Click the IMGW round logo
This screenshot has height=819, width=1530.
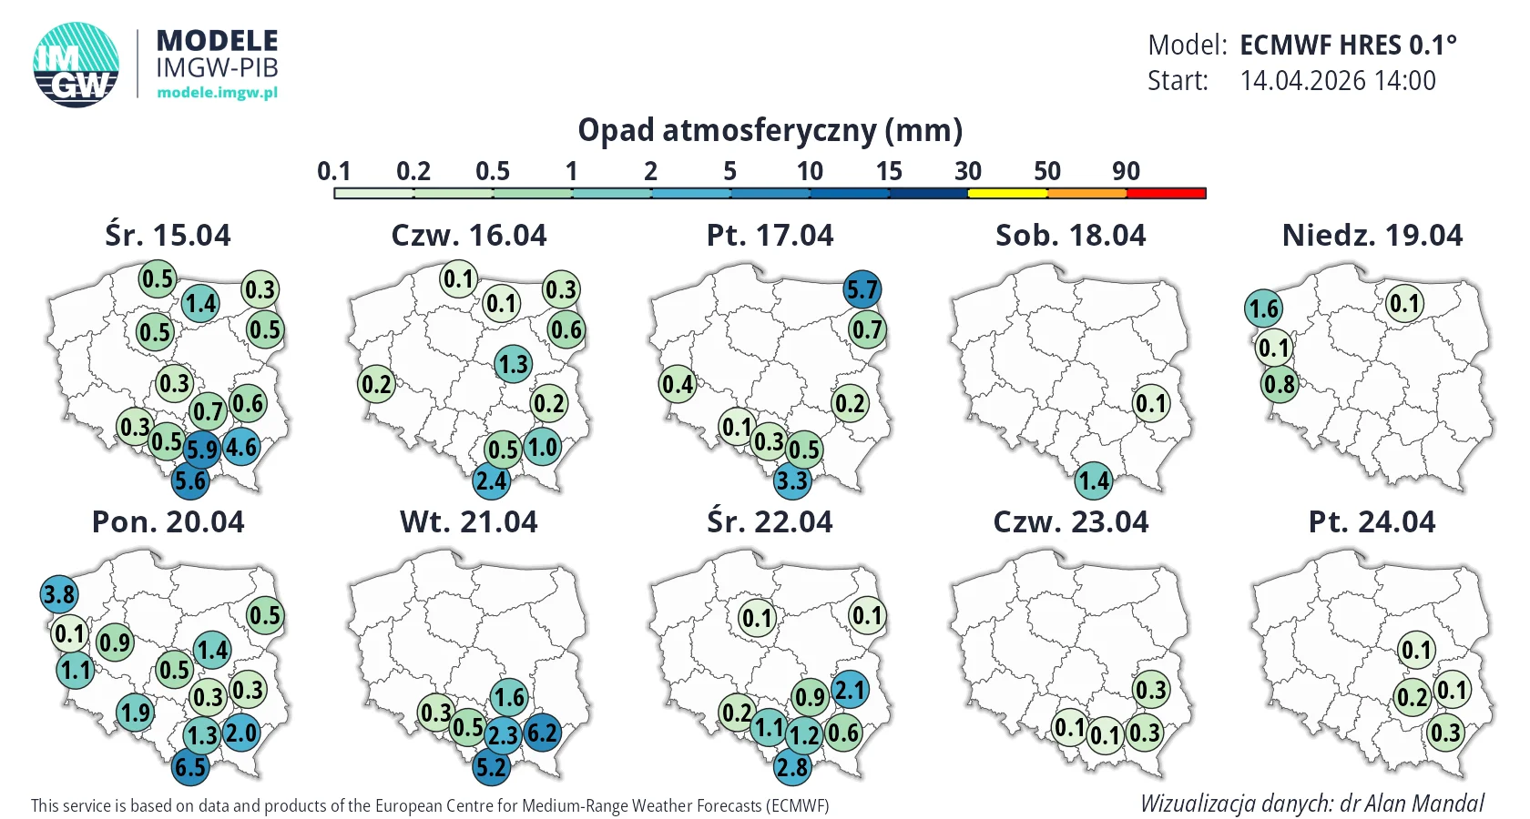tap(76, 65)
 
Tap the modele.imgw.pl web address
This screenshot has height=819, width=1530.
tap(217, 92)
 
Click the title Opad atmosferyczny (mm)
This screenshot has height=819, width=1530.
tap(770, 129)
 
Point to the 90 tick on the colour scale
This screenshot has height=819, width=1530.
tap(1126, 171)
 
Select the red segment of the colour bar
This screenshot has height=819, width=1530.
tap(1166, 193)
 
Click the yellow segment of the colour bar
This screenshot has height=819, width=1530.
tap(1007, 193)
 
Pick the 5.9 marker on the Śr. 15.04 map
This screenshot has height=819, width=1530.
tap(201, 450)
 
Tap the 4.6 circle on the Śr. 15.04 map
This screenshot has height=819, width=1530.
tap(241, 446)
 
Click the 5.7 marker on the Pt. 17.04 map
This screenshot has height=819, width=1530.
tap(862, 289)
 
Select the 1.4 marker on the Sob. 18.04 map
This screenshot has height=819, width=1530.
tap(1094, 480)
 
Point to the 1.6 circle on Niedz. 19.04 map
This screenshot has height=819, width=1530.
tap(1264, 308)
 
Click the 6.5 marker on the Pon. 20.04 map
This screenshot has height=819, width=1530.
tap(189, 766)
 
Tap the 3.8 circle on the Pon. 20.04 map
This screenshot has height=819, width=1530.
tap(58, 593)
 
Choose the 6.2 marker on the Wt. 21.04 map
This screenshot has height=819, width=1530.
tap(543, 733)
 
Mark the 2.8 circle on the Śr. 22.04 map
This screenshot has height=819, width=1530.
tap(792, 766)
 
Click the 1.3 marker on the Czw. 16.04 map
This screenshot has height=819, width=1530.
tap(514, 364)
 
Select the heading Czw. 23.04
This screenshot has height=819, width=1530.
tap(1070, 522)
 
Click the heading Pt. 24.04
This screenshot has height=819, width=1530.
tap(1372, 522)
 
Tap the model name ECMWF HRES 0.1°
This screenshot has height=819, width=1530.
tap(1348, 45)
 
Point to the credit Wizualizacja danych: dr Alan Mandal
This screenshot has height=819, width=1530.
tap(1312, 804)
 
